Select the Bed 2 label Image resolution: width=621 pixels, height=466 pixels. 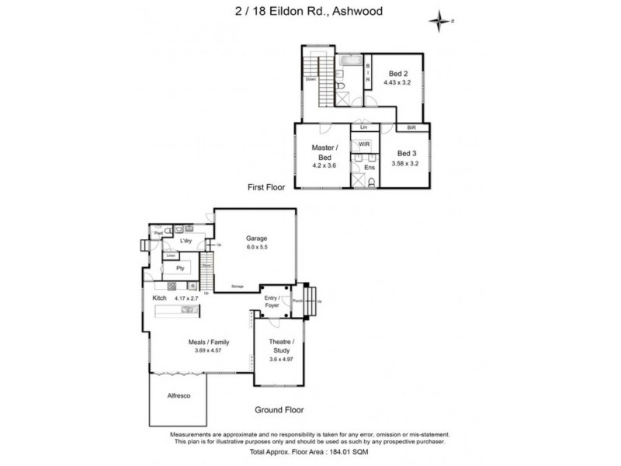point(398,74)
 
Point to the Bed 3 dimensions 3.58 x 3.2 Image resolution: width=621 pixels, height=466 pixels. point(405,165)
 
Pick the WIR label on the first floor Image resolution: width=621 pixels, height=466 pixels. point(363,144)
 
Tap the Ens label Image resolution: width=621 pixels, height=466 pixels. point(369,167)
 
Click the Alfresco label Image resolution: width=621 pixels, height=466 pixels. point(180,395)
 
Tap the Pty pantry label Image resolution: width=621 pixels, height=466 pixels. point(179,268)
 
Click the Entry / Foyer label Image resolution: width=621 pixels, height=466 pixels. point(272,301)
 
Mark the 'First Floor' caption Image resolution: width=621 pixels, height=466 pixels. point(265,187)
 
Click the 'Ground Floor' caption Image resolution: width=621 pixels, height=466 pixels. point(279,409)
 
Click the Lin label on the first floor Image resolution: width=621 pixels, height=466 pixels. point(363,127)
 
